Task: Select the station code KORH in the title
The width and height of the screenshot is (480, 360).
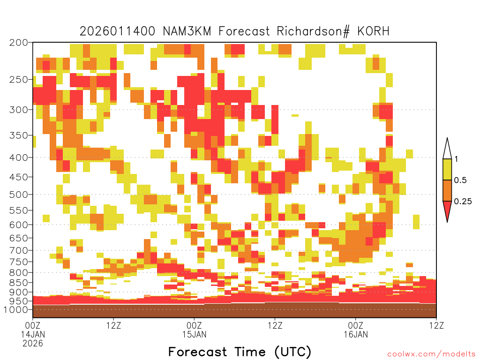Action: [373, 31]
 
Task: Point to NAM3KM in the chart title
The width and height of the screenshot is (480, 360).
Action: [187, 31]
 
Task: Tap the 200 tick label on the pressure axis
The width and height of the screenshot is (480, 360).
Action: [19, 43]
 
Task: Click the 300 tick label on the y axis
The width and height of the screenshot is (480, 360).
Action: [19, 110]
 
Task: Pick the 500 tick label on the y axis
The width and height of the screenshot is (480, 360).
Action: [19, 195]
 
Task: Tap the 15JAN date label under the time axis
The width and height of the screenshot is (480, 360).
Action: [194, 334]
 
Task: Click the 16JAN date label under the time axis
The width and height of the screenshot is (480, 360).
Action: [356, 334]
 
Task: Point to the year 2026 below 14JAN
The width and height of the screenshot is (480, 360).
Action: [33, 344]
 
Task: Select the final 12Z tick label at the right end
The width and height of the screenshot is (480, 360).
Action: [436, 325]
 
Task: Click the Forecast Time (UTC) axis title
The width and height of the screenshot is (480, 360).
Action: [240, 352]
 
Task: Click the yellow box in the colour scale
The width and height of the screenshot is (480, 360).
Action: [447, 169]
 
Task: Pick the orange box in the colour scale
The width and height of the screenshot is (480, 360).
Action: [447, 190]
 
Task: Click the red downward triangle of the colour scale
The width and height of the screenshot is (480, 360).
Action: [447, 209]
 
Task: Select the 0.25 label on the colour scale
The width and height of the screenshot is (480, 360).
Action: [463, 201]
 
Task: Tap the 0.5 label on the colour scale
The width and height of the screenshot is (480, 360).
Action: [460, 180]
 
